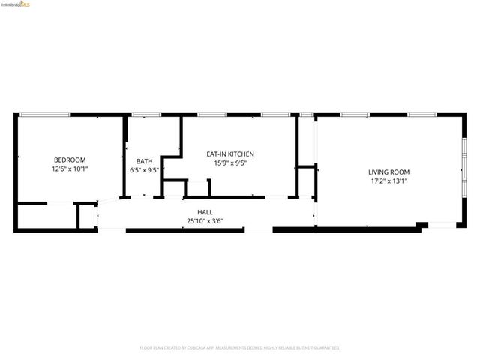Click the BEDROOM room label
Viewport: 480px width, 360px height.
(x=70, y=160)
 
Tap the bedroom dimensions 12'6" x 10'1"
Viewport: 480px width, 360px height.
(x=70, y=169)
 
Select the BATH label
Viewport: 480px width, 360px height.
(x=144, y=161)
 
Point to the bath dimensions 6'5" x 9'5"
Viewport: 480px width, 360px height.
(x=144, y=170)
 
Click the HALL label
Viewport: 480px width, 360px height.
(x=205, y=212)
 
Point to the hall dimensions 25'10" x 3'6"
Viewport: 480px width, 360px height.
(x=205, y=221)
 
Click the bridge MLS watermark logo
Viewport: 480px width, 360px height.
(x=16, y=4)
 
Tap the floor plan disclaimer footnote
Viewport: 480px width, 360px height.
(x=240, y=348)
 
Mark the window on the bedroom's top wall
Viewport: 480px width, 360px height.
(x=44, y=114)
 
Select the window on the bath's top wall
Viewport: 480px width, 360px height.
(x=145, y=114)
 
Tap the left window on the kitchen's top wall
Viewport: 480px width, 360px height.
(x=212, y=114)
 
